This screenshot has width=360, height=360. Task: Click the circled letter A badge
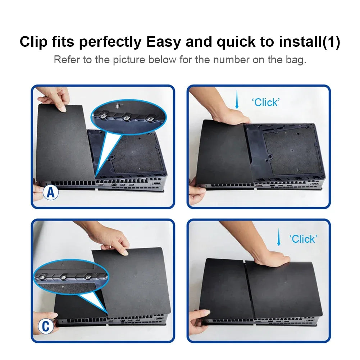pos(51,193)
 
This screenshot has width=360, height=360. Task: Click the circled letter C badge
pos(46,327)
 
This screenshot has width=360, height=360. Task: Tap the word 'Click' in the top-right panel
pos(266,102)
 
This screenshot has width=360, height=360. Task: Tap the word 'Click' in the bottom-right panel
pos(303,239)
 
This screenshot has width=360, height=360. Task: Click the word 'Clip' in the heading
pos(33,42)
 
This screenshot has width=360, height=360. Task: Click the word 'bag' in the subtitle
pos(297,59)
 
